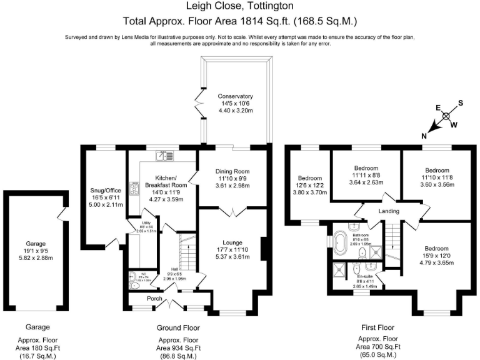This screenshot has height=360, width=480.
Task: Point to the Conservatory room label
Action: coord(235,96)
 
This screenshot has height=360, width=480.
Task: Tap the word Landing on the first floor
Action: coord(389,212)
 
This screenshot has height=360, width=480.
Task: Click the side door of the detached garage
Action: coord(60,216)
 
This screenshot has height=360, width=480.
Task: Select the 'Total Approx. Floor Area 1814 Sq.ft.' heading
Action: coord(240,20)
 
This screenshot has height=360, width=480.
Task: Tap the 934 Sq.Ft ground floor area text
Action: coord(177,347)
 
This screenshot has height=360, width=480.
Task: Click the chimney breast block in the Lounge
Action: coord(265,248)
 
